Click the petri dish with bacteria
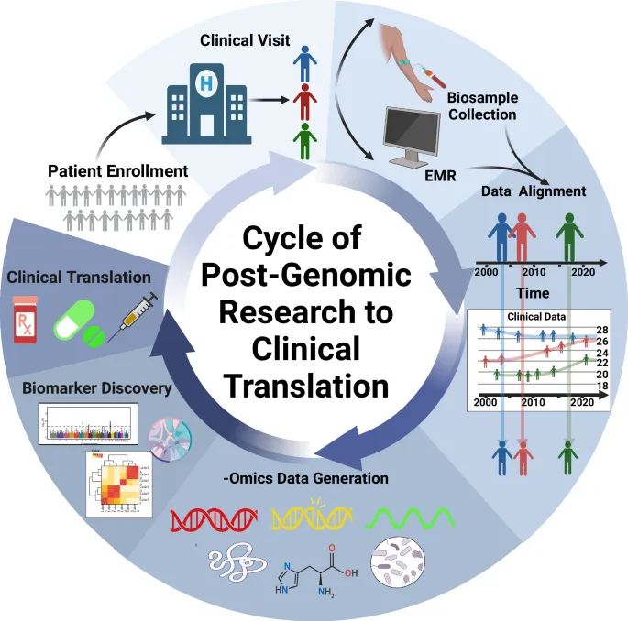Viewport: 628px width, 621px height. (x=398, y=565)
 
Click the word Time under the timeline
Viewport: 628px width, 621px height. (x=532, y=293)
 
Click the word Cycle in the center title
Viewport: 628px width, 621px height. (x=287, y=238)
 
